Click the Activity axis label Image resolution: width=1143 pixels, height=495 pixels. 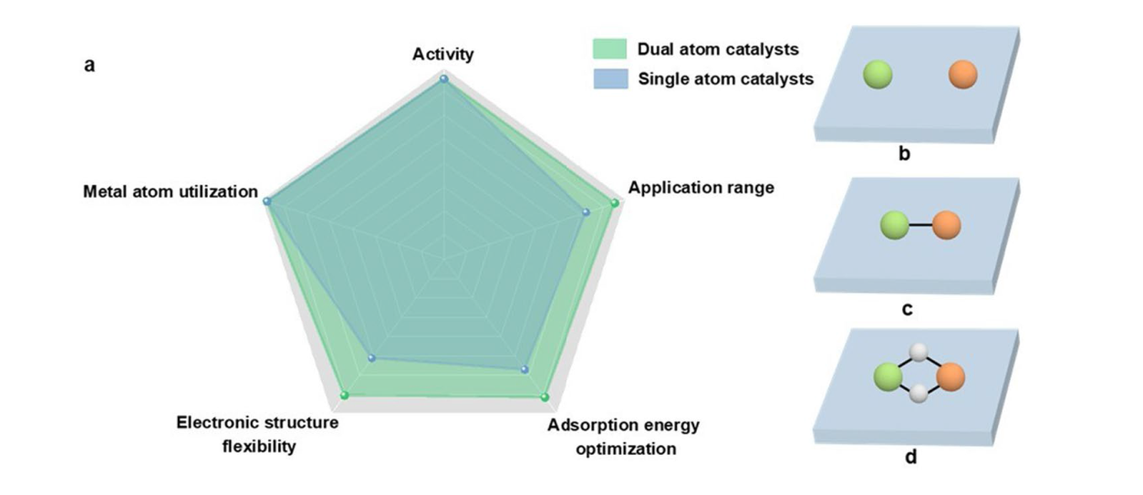(443, 54)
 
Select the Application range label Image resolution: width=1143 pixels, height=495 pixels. (701, 188)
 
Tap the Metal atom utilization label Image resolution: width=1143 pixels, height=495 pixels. (171, 191)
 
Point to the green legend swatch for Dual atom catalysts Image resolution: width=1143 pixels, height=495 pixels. (609, 49)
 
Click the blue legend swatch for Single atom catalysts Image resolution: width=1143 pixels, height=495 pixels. (610, 79)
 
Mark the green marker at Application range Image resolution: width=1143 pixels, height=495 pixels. (615, 203)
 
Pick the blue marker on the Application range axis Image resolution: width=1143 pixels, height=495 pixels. (587, 212)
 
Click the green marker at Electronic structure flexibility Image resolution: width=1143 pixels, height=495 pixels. (345, 395)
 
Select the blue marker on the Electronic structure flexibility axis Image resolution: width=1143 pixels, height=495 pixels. (372, 358)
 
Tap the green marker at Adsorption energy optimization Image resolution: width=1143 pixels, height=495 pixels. (545, 397)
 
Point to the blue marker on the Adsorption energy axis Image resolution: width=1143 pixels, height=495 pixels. (525, 369)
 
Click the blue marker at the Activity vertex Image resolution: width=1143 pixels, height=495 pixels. (444, 79)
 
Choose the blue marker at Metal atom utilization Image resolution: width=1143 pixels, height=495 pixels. (267, 201)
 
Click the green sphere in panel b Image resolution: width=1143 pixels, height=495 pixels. (878, 75)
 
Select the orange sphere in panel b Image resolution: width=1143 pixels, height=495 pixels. (963, 75)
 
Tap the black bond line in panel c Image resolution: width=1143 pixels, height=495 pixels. (920, 225)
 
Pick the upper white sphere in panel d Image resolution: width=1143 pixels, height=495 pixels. (919, 352)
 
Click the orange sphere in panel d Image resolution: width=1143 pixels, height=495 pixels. (951, 376)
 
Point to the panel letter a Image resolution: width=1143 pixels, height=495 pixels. (89, 66)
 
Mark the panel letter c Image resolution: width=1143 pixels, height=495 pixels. (907, 309)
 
